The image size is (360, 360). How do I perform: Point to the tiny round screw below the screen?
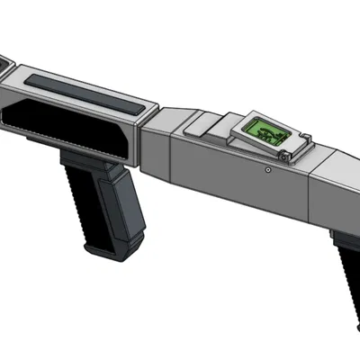pos(267,168)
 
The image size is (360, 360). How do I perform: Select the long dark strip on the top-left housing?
pos(85,91)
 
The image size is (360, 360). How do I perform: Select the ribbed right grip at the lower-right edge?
pos(346,270)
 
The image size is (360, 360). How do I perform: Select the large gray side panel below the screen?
pos(234,180)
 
